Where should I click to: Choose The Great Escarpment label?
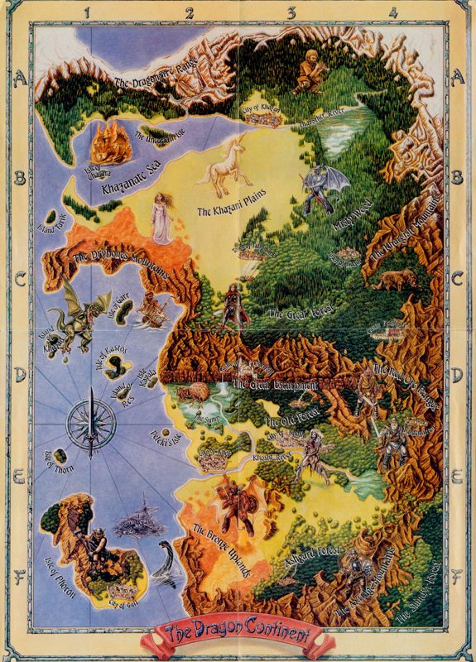coord(274,386)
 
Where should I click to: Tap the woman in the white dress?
coord(162,218)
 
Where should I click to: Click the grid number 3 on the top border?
coord(291,12)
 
